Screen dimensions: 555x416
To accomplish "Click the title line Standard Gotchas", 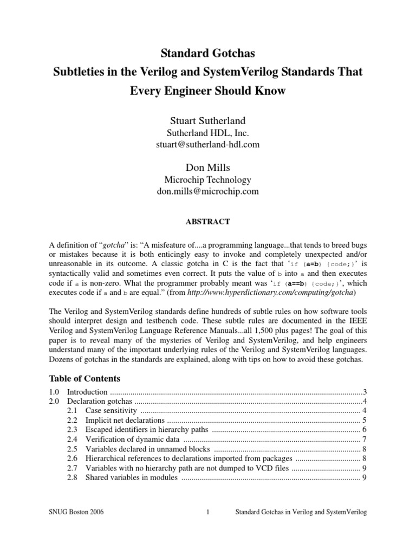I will [x=208, y=53].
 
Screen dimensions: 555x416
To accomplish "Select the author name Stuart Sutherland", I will [x=208, y=120].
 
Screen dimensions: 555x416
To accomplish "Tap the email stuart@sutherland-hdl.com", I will [x=208, y=144].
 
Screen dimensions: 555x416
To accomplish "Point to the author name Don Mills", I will [x=208, y=167].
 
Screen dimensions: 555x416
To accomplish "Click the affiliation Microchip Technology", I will [x=208, y=180].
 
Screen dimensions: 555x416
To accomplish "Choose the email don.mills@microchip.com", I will [x=208, y=191].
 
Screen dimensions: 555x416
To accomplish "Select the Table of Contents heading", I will [x=84, y=378].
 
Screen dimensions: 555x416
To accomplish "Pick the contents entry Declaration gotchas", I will [x=100, y=402].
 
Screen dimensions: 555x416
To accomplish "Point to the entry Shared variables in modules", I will [x=131, y=477].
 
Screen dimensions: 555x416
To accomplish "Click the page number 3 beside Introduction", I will [x=366, y=391].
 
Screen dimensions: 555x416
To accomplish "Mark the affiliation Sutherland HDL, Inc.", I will [x=208, y=132].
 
